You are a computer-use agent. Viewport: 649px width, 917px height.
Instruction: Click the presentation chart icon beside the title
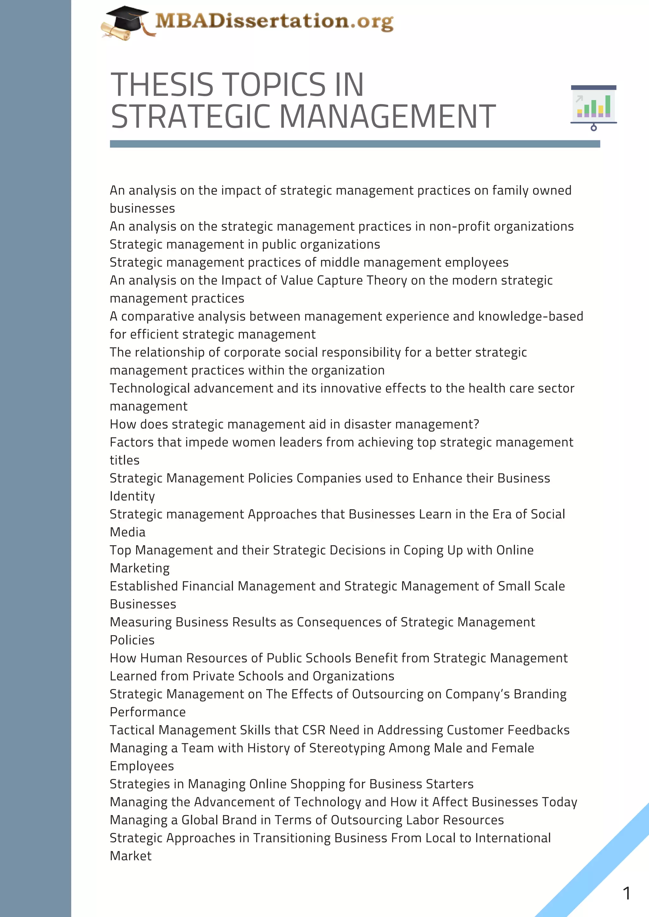tap(594, 107)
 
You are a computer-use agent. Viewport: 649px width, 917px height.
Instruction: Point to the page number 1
tap(626, 893)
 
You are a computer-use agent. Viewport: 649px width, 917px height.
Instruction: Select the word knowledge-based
tap(531, 316)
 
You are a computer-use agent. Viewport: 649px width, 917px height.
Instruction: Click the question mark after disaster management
tap(476, 424)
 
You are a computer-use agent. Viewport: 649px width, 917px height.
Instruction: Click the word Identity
tap(132, 496)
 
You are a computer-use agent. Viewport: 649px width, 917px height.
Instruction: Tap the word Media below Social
tap(127, 532)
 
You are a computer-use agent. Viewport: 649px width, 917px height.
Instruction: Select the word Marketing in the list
tap(139, 568)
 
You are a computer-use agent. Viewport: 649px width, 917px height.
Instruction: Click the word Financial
tap(208, 586)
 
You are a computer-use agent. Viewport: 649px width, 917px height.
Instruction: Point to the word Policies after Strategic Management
tap(132, 640)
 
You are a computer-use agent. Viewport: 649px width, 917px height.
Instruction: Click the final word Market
tap(131, 856)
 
